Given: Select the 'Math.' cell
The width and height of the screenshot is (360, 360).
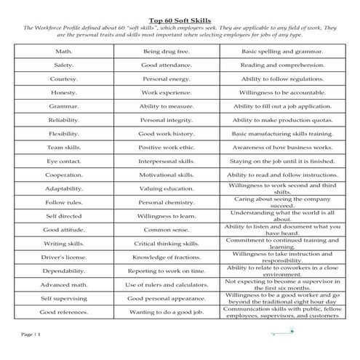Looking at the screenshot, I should click(64, 52).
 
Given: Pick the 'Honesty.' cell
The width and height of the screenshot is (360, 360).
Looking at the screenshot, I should click(64, 93).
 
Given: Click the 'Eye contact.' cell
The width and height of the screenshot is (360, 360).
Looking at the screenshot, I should click(64, 161).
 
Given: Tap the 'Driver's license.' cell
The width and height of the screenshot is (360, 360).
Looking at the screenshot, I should click(64, 257).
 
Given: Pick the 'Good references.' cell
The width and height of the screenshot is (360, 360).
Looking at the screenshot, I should click(64, 312).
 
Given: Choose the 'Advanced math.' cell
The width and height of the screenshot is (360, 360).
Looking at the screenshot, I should click(64, 284).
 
